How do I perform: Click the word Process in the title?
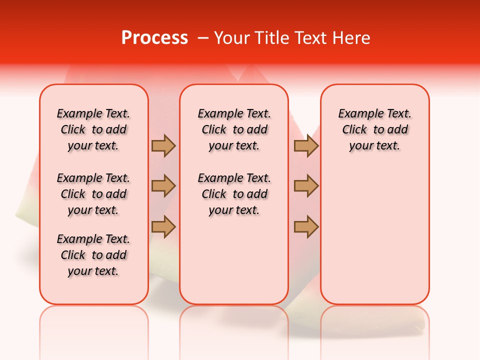154,37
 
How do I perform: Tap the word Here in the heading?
352,37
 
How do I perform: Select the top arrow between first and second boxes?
163,145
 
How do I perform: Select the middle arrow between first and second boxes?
163,186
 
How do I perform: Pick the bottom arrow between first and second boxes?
163,226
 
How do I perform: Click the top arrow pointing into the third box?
306,145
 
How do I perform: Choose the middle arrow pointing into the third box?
306,186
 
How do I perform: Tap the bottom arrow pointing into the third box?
306,226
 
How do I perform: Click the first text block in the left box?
93,129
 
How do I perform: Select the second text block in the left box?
93,194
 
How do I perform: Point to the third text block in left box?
93,255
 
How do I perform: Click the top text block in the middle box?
234,129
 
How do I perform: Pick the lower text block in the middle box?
234,194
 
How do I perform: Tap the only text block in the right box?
374,129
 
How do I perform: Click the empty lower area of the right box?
374,235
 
